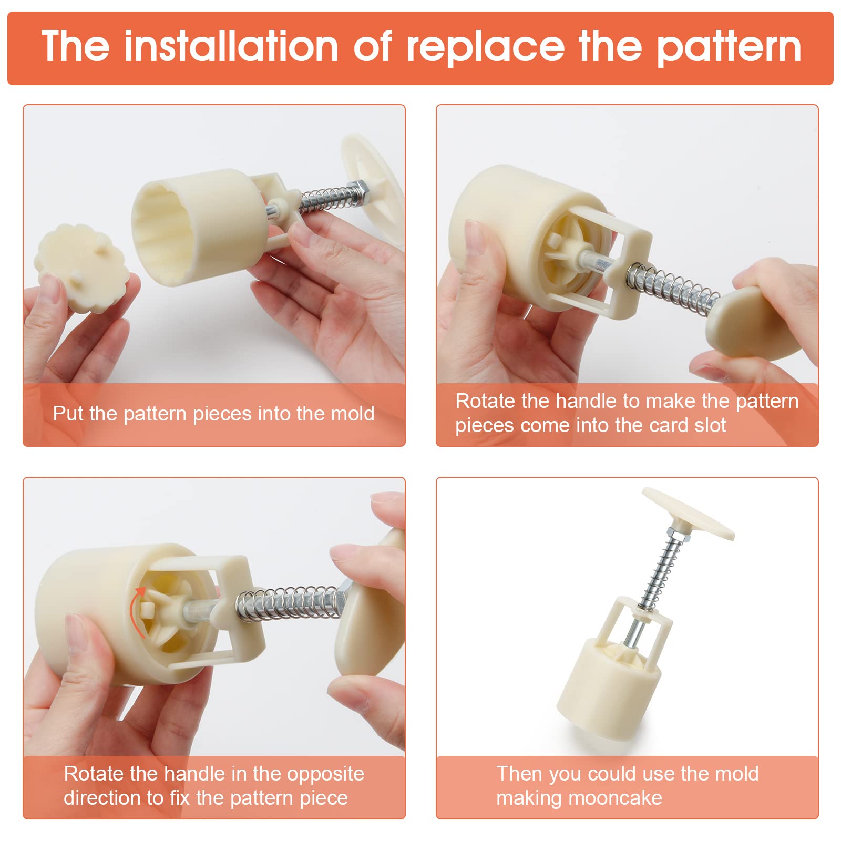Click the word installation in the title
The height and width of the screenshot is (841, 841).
click(231, 47)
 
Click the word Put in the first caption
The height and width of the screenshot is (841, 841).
click(68, 414)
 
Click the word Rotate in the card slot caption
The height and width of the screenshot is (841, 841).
click(485, 401)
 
